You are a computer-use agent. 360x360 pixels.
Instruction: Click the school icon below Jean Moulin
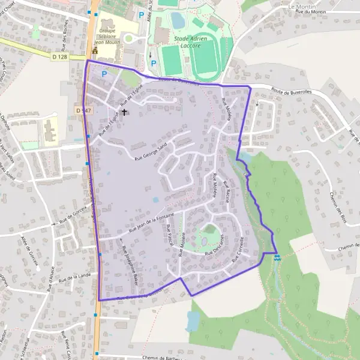[x=94, y=50]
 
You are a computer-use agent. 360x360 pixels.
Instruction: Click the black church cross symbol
[x=124, y=112]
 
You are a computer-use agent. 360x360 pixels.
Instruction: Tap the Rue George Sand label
[x=149, y=155]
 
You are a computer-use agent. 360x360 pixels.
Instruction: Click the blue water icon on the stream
[x=277, y=258]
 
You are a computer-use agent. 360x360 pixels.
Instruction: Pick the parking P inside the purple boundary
[x=104, y=74]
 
